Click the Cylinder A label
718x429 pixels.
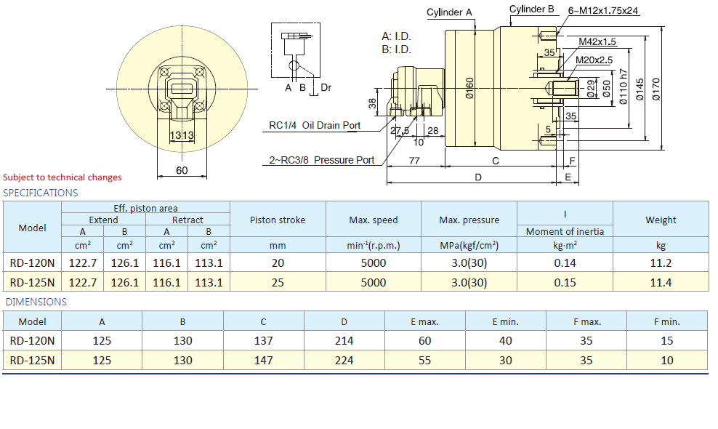pos(449,12)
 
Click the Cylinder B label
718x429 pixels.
pos(532,9)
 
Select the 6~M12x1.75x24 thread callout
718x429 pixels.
pos(602,10)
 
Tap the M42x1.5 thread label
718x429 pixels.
pos(597,41)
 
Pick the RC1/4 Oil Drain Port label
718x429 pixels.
pos(315,125)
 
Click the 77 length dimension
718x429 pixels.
pos(414,161)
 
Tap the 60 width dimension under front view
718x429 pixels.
pos(182,170)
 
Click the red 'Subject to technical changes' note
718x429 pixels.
pos(62,177)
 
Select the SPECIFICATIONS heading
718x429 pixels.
pos(41,193)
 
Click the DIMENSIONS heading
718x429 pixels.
pos(36,302)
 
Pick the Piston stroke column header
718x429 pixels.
pos(278,220)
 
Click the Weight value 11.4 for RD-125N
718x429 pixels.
pos(661,282)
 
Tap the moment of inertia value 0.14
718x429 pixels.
pos(565,262)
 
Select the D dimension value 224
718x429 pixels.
pos(344,360)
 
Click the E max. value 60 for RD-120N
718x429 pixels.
pos(424,340)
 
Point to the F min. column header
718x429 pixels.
pos(666,321)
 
